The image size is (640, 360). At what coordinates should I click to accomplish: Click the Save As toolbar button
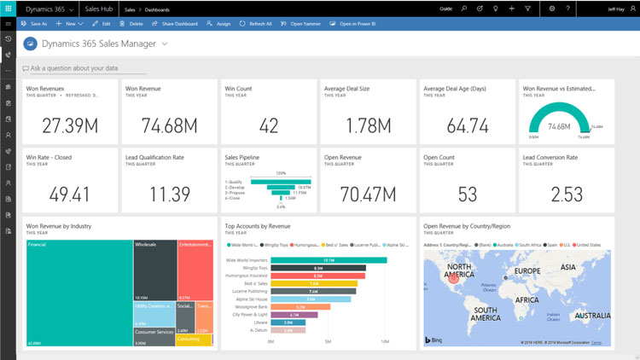tap(35, 24)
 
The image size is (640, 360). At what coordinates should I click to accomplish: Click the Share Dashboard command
tap(176, 24)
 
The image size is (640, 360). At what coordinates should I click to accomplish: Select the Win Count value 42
tap(269, 125)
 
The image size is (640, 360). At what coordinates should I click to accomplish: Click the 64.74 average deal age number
tap(468, 125)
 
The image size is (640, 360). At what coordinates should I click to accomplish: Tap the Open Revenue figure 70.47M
tap(368, 194)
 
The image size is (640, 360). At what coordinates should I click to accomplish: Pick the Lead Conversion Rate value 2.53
tap(567, 194)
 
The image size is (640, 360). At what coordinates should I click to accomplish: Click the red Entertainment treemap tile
tap(195, 269)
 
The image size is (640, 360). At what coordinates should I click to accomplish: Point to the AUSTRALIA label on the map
tap(591, 316)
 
